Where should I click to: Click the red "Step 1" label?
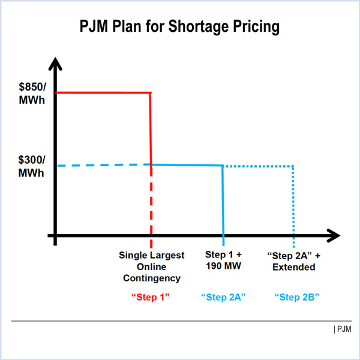tap(151, 296)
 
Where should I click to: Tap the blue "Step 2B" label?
tap(296, 296)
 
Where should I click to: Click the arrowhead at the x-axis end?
tap(332, 235)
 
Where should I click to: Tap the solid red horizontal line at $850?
tap(102, 93)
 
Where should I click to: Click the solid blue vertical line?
tap(223, 201)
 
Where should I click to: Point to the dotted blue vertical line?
tap(293, 204)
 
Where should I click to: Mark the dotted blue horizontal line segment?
tap(258, 166)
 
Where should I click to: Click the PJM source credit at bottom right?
tap(343, 329)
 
